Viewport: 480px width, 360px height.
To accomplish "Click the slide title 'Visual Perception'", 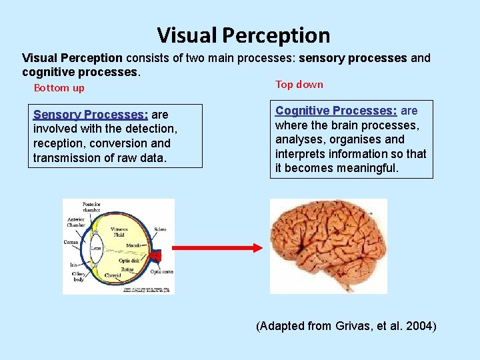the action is click(243, 35).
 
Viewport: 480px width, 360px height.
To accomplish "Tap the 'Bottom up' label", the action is click(59, 88).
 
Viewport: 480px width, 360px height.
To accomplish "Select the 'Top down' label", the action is click(299, 84).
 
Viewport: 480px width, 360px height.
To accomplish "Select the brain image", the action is click(327, 245).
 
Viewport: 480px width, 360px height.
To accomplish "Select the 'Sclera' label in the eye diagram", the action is click(160, 229).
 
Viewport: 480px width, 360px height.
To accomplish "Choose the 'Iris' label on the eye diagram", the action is click(73, 265).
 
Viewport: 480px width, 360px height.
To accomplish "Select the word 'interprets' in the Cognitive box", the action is click(299, 154).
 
